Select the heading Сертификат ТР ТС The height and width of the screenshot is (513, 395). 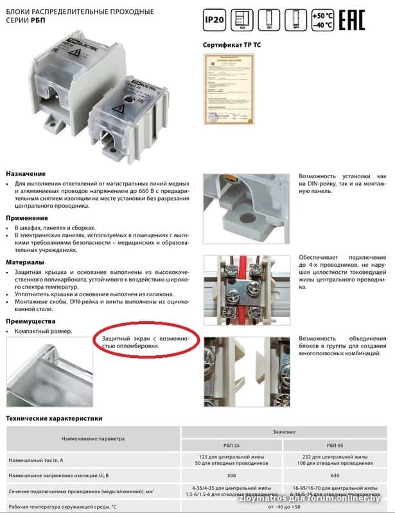(x=234, y=46)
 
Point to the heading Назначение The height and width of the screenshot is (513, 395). (x=26, y=174)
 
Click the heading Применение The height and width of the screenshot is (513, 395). (x=27, y=218)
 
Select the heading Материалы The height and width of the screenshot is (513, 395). (x=25, y=262)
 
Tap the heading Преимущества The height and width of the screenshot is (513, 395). (x=31, y=321)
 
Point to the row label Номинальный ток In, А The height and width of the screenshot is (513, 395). (x=40, y=460)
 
